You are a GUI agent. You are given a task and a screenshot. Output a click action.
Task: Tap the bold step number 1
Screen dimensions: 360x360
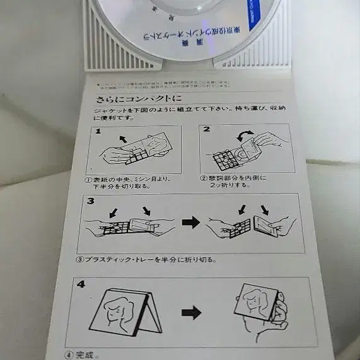click(98, 131)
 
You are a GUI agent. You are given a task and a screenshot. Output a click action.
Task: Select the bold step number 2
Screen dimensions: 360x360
click(206, 129)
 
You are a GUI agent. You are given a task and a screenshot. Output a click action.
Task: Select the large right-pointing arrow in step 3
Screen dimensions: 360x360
click(191, 223)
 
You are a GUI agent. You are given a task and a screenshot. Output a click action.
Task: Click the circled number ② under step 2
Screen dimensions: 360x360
click(203, 177)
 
